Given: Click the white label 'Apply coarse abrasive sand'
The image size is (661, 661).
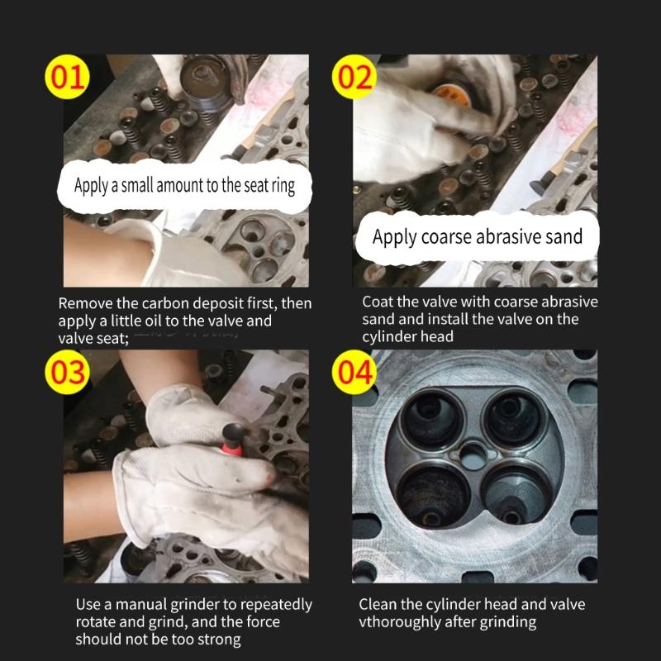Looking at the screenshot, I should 478,237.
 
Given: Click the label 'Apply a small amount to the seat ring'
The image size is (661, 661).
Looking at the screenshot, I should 184,185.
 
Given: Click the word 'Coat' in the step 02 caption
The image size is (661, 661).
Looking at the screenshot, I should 380,302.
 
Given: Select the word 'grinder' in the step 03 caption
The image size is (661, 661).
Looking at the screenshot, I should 205,604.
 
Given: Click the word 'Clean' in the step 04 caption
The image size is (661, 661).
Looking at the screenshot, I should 380,604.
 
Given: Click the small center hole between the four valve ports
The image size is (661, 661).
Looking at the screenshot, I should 473,453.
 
